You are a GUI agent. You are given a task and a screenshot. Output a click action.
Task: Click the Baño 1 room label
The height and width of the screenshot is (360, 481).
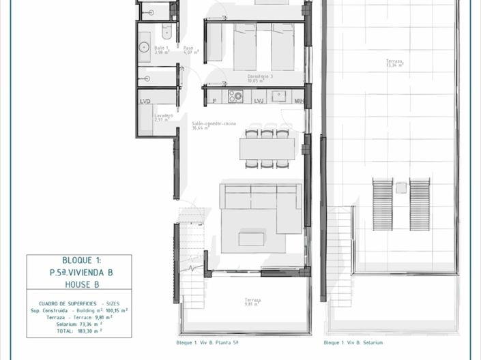161,51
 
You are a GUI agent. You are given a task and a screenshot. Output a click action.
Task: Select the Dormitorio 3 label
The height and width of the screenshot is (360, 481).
261,78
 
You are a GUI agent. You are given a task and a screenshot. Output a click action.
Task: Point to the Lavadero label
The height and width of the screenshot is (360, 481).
162,117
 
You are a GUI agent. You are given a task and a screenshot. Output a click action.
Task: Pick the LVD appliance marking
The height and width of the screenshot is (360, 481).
145,102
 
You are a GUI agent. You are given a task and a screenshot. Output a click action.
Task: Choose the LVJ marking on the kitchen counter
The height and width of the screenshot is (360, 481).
259,101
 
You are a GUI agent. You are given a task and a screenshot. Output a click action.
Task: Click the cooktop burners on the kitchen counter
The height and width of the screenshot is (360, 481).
235,96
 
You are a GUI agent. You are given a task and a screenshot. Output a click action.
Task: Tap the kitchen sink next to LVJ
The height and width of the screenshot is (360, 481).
278,96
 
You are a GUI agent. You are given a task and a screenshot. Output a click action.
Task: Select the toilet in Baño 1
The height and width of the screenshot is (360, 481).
167,31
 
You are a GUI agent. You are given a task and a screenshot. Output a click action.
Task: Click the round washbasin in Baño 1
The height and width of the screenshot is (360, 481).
144,48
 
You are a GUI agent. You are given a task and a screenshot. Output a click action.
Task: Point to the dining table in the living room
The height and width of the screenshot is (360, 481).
267,149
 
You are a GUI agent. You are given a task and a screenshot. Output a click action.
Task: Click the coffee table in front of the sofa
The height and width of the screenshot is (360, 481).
251,239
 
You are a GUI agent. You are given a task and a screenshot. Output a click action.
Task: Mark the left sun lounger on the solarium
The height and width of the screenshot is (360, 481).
382,204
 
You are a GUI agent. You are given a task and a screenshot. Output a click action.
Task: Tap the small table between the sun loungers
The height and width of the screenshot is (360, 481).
401,187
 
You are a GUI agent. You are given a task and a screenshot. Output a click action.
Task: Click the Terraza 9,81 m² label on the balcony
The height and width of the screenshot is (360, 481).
252,301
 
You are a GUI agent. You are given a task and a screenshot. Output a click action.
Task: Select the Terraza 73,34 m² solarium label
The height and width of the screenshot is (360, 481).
394,64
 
